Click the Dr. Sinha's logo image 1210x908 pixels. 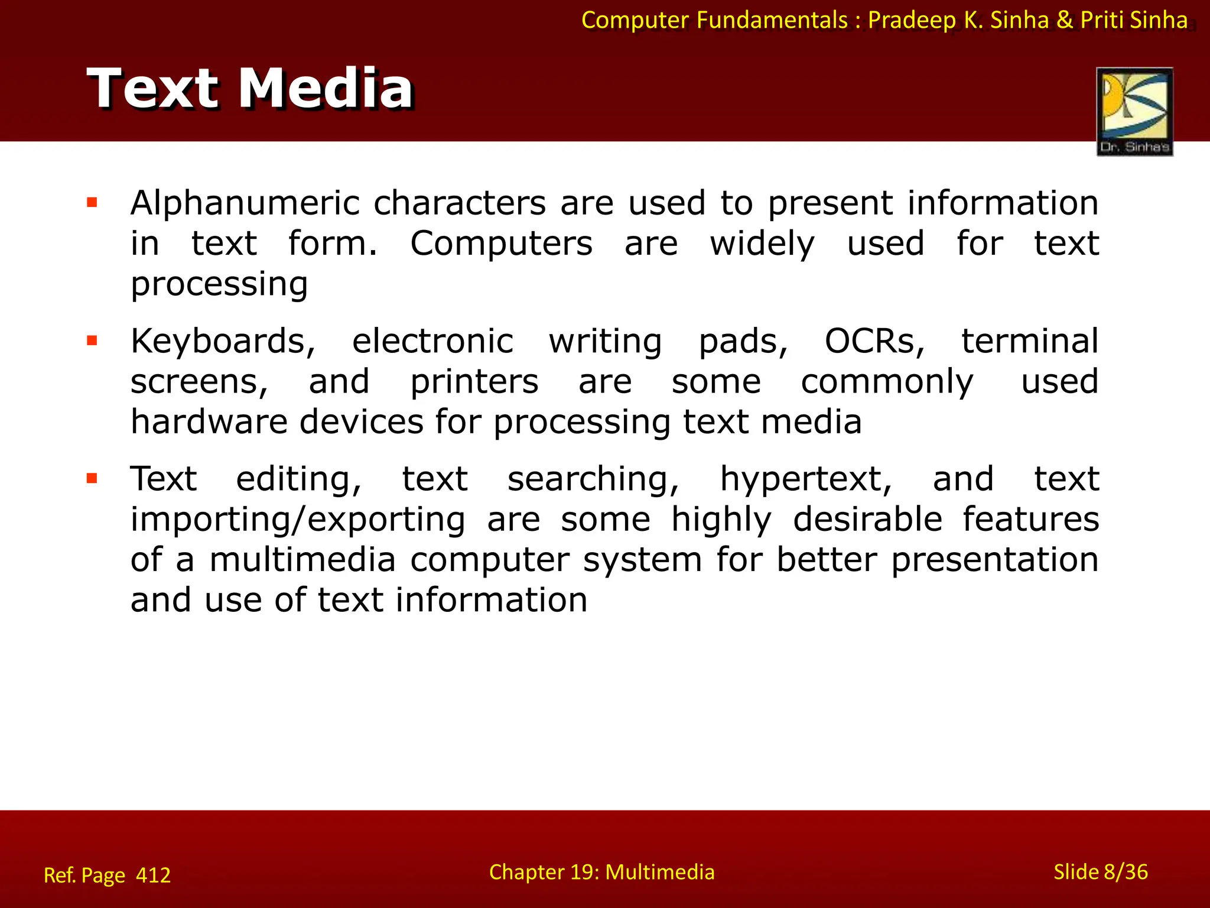pos(1134,111)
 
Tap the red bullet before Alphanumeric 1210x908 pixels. pos(92,203)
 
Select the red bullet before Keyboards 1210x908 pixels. pos(92,340)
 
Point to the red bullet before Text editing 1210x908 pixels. pos(92,478)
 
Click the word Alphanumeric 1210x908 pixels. pos(245,203)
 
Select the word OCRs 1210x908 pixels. pos(874,342)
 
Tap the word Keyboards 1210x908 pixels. pos(223,342)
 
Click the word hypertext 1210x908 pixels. pos(806,479)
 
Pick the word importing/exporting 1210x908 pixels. pos(298,520)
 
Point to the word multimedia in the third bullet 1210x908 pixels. pos(302,560)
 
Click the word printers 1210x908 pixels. pos(474,382)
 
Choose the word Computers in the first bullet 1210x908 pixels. pos(501,244)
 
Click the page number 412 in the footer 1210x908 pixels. pos(153,875)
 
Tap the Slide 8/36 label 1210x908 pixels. pos(1100,872)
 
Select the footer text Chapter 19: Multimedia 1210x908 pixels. pos(601,872)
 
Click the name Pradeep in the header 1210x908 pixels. pos(912,21)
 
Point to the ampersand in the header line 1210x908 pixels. pos(1065,20)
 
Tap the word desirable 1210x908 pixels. pos(867,520)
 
